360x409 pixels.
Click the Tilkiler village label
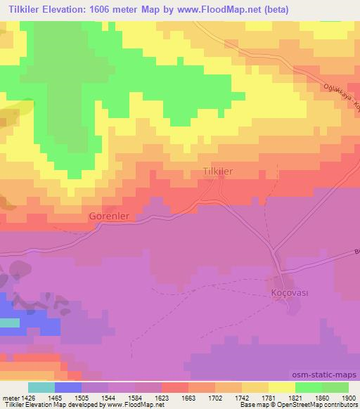[217, 171]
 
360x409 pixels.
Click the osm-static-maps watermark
[326, 376]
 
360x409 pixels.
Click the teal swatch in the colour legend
[41, 387]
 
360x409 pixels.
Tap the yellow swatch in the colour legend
[282, 387]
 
